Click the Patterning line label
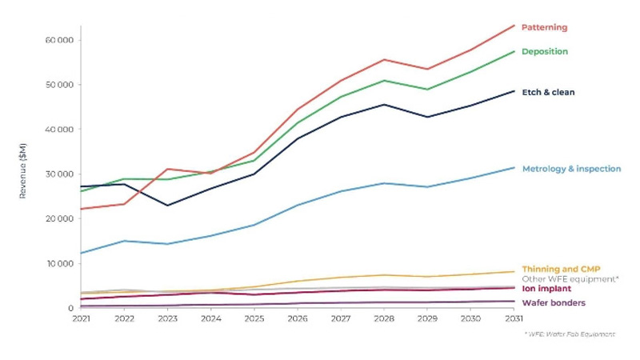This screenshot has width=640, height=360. [x=545, y=27]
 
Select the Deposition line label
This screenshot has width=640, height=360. [x=545, y=51]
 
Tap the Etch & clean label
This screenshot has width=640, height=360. [x=548, y=92]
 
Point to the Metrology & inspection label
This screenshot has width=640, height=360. [x=571, y=169]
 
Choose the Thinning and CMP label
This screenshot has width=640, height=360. [x=562, y=269]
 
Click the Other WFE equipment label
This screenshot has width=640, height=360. [x=570, y=279]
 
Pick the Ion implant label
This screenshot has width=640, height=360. [x=546, y=289]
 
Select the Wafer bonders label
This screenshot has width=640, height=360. [x=554, y=303]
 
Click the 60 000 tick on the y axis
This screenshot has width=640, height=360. [x=60, y=40]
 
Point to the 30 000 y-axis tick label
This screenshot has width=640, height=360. [x=60, y=174]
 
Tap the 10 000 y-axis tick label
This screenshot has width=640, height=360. [x=60, y=264]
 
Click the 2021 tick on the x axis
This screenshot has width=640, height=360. [x=81, y=318]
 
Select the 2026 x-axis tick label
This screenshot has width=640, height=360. [x=298, y=318]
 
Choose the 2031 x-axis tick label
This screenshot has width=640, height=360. [x=514, y=318]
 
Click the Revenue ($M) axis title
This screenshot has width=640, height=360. [x=22, y=170]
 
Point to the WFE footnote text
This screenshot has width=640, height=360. [x=570, y=334]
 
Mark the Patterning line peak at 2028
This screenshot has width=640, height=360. [x=384, y=59]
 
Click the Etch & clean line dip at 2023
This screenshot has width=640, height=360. [x=168, y=206]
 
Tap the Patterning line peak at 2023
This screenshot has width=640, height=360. [x=168, y=169]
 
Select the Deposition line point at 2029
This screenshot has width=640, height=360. [x=427, y=90]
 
